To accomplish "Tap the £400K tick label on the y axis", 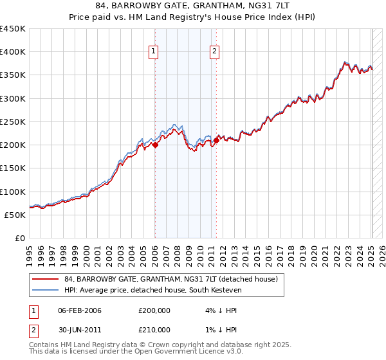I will (x=12, y=52).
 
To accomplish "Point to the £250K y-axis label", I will (x=12, y=122).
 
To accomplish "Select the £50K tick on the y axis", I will (x=15, y=215).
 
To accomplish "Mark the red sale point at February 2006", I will (x=155, y=145).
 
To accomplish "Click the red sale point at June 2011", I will (x=217, y=140).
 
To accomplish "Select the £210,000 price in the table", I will (x=154, y=329).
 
